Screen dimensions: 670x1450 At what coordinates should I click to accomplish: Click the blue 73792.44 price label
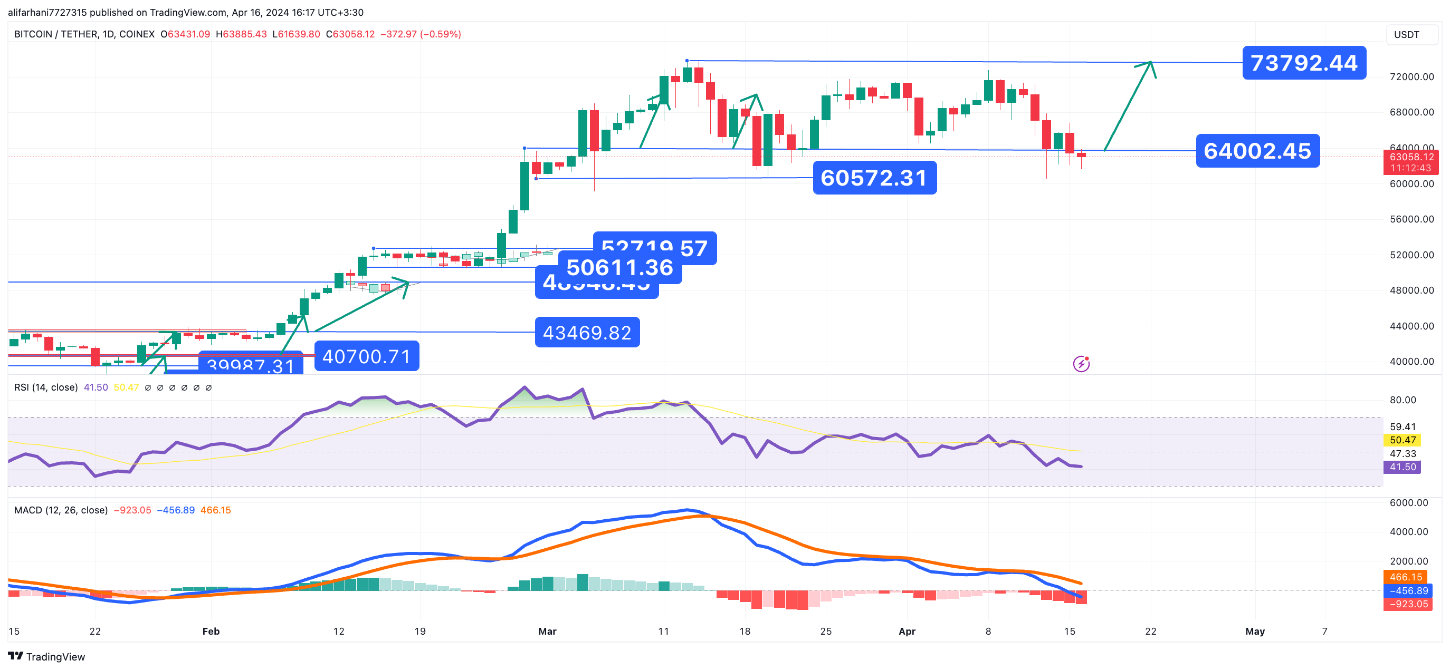[x=1304, y=62]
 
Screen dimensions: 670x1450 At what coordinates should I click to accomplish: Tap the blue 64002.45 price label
[x=1257, y=151]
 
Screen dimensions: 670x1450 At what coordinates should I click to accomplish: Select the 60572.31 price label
[x=874, y=178]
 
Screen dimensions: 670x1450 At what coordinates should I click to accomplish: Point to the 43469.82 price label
[x=587, y=333]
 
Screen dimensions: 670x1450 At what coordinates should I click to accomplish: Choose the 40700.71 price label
[x=366, y=356]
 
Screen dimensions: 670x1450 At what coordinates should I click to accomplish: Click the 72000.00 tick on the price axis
[x=1411, y=76]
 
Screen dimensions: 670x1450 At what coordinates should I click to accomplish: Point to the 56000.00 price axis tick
[x=1411, y=219]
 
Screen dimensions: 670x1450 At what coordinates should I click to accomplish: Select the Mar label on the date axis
[x=547, y=631]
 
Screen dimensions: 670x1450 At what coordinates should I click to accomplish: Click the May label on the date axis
[x=1255, y=631]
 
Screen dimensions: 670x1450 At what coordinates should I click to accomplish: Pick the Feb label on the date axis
[x=211, y=631]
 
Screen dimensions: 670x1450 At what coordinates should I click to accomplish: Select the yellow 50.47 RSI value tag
[x=1402, y=440]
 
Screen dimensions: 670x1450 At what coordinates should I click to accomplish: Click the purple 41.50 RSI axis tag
[x=1402, y=467]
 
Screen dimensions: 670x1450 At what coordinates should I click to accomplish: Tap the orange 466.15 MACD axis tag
[x=1406, y=577]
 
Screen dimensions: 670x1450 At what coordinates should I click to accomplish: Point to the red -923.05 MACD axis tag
[x=1408, y=604]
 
